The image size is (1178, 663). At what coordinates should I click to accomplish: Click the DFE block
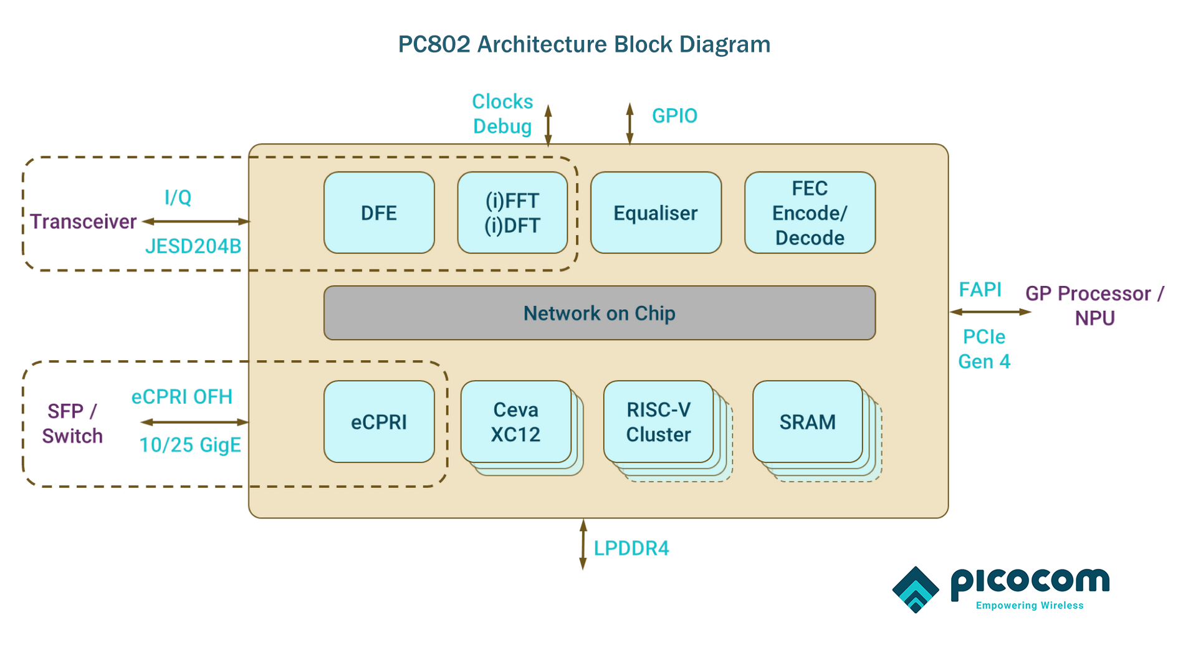[379, 213]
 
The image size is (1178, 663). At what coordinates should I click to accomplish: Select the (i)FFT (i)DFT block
[512, 213]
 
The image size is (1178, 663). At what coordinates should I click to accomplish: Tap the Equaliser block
[656, 213]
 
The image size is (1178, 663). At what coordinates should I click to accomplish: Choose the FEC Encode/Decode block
[810, 213]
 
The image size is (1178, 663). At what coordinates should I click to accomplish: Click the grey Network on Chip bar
[599, 313]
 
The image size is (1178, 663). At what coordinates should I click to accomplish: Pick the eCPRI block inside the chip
[379, 422]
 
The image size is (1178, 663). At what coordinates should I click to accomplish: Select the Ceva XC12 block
[515, 422]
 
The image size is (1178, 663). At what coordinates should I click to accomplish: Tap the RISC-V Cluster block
[658, 422]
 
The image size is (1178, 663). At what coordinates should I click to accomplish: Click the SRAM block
[807, 422]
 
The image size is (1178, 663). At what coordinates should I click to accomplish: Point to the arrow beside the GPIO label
[630, 124]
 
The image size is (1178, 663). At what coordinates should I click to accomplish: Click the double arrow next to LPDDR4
[583, 544]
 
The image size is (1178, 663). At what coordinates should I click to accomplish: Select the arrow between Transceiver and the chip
[196, 221]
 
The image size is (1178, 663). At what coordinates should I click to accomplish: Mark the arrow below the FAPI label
[990, 312]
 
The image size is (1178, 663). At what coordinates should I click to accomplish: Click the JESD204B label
[193, 247]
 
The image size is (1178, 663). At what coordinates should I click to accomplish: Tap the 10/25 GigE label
[190, 445]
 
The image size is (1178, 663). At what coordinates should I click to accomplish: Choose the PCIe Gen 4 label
[984, 349]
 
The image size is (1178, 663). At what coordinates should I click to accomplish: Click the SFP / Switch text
[72, 424]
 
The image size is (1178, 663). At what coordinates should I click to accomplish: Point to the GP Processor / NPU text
[1094, 305]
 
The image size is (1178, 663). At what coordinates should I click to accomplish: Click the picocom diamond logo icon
[915, 589]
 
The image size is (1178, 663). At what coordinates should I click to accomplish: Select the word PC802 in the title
[434, 45]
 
